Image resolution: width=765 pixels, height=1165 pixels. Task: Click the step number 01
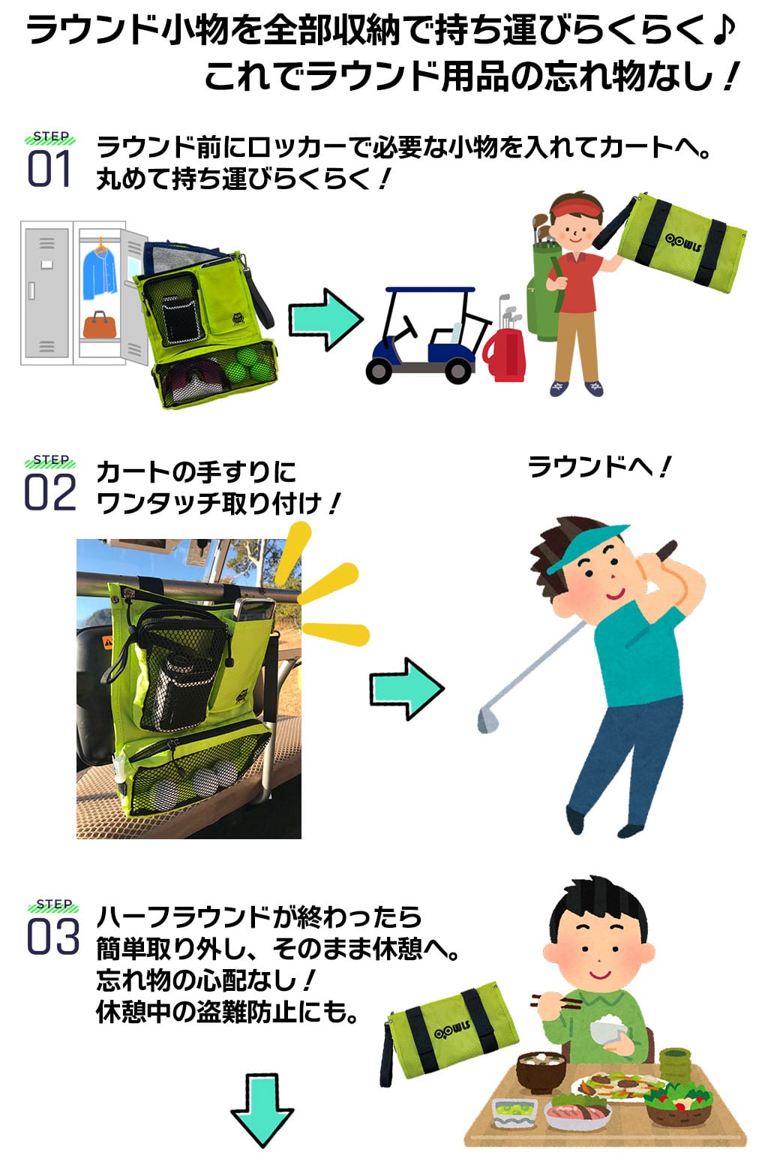[48, 168]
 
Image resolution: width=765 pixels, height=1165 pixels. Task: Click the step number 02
[50, 492]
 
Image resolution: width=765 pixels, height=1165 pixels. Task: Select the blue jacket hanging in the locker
[99, 269]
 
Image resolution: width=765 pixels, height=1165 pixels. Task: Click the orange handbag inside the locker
[99, 324]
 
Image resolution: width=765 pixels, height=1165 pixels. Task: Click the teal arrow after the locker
[325, 319]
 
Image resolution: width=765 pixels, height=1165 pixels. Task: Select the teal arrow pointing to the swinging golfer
[407, 688]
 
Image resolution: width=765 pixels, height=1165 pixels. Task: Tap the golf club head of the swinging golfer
[487, 720]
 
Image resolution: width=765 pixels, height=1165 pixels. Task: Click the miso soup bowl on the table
[541, 1070]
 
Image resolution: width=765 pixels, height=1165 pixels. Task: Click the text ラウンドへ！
[599, 466]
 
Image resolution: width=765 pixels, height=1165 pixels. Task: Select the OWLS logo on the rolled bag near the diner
[452, 1031]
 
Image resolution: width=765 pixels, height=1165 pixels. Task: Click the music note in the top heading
[724, 31]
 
